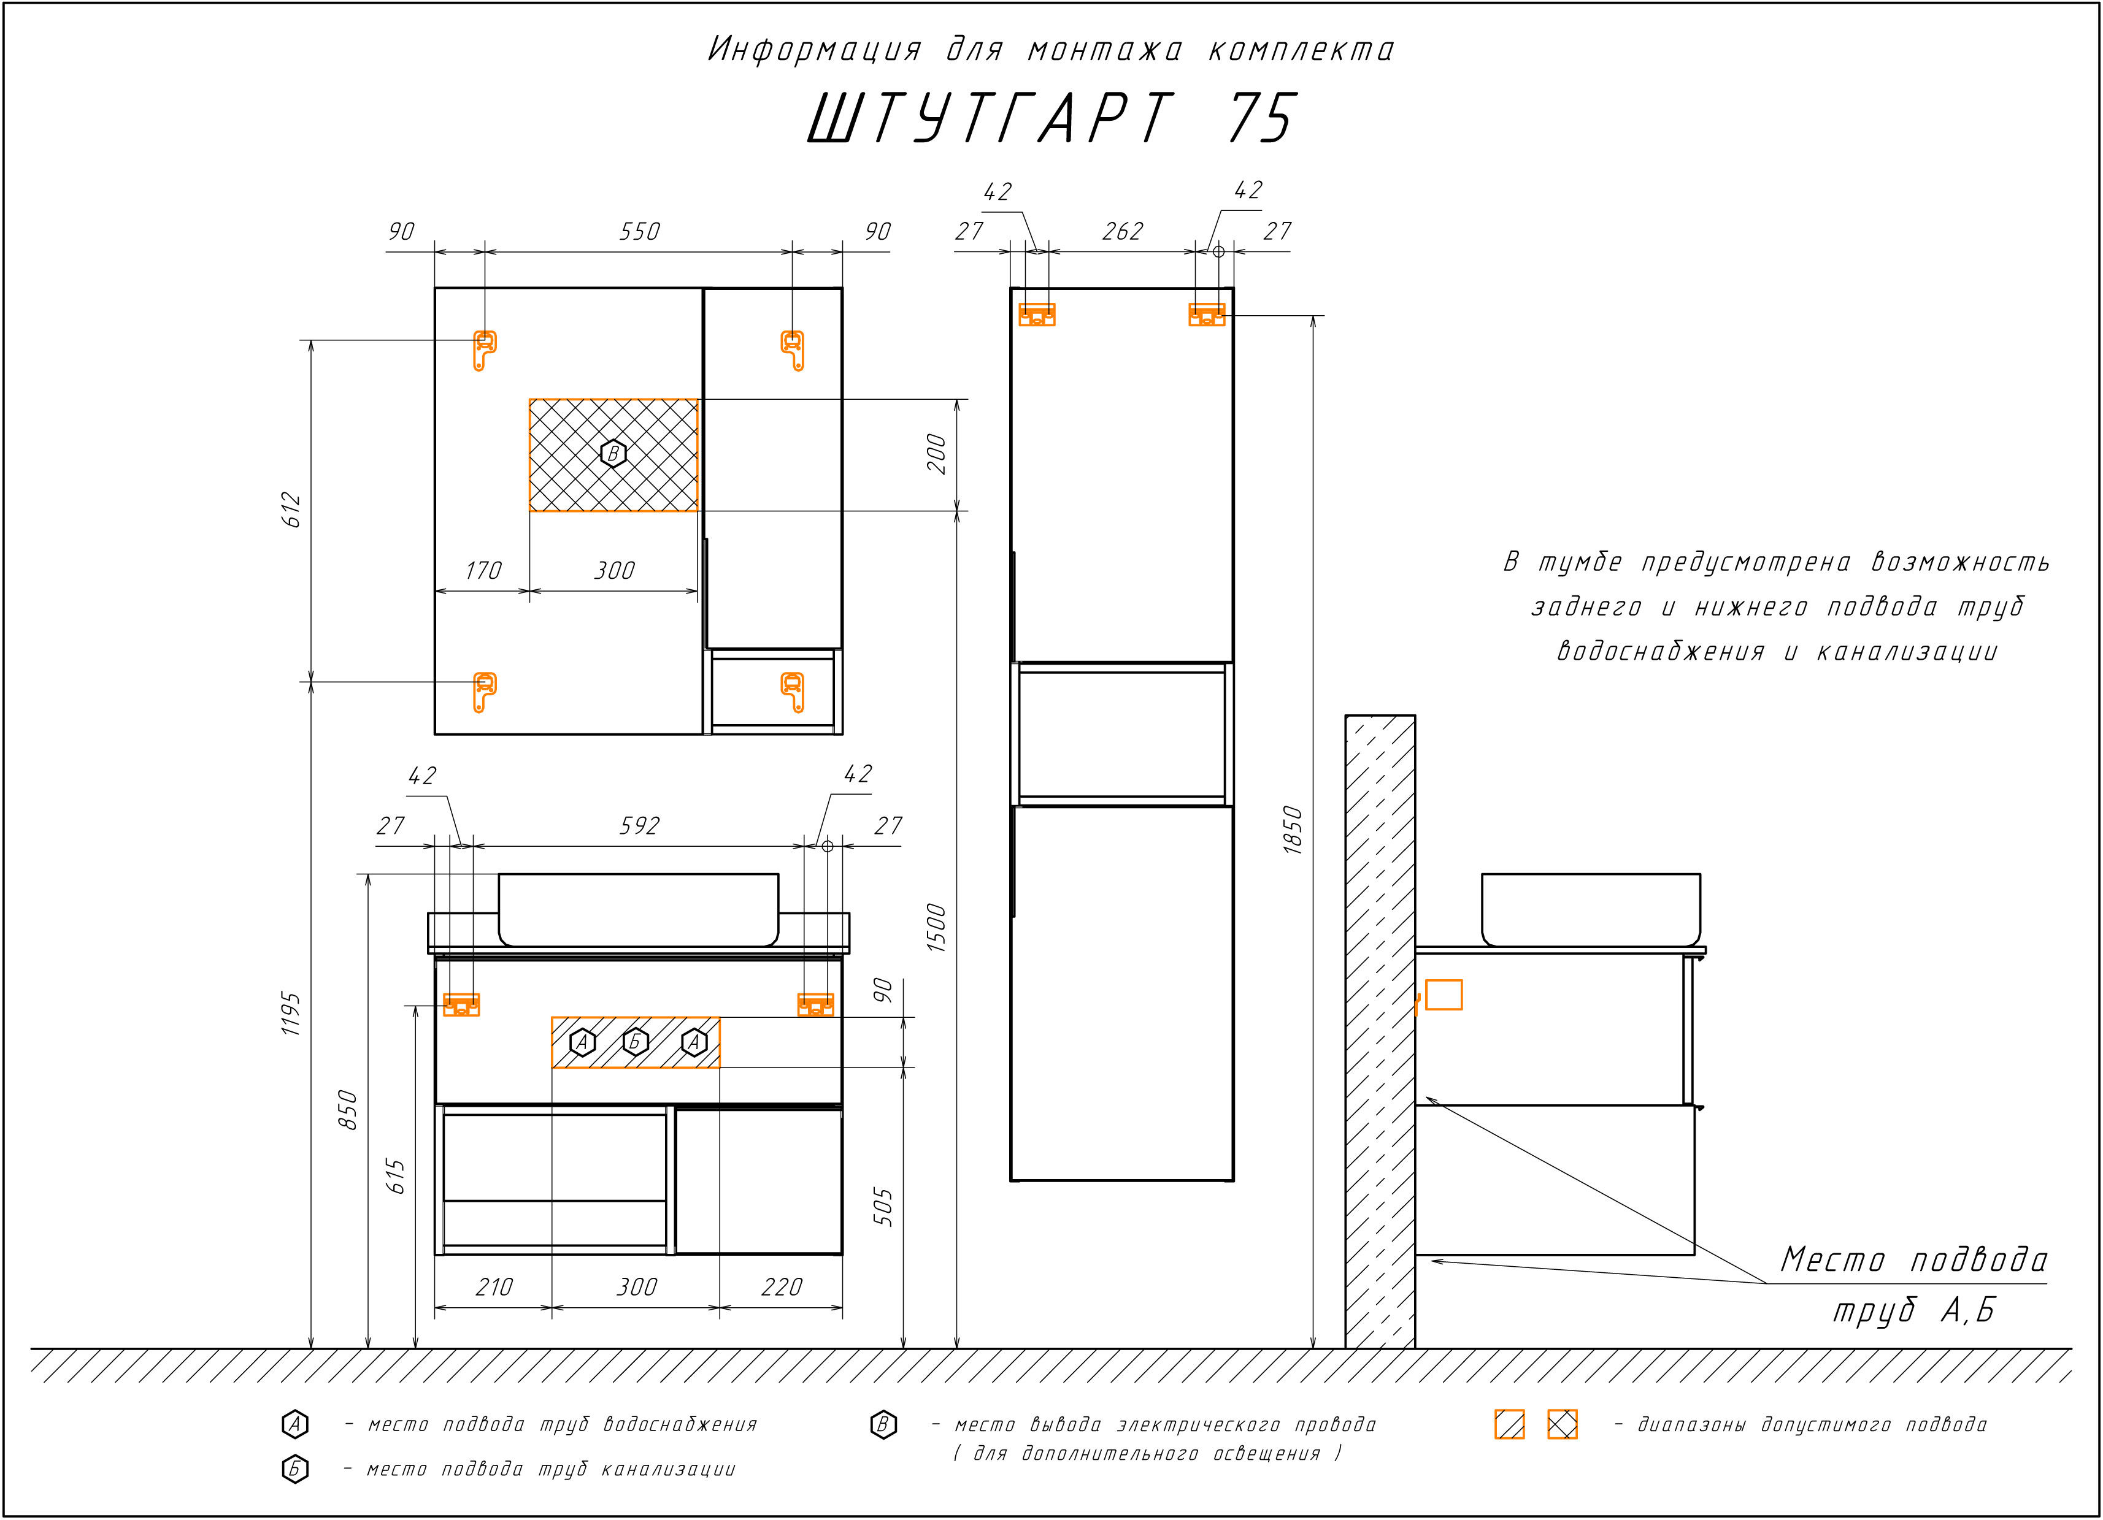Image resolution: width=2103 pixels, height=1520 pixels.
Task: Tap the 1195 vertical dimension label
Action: [x=291, y=1014]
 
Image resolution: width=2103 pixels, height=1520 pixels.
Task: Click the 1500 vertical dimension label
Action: [x=937, y=928]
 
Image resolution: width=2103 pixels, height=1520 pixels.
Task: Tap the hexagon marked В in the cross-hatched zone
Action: [x=613, y=454]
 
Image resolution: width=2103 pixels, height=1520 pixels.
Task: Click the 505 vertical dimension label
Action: [x=883, y=1207]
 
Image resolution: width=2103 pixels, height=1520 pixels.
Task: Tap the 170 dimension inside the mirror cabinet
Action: [x=483, y=570]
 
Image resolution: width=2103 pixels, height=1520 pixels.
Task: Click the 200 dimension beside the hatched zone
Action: [x=937, y=454]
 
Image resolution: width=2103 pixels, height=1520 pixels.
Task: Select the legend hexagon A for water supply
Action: [x=295, y=1424]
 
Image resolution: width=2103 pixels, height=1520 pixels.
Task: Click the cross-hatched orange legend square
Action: [x=1563, y=1424]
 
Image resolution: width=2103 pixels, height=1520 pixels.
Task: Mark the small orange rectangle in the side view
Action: [x=1444, y=995]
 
